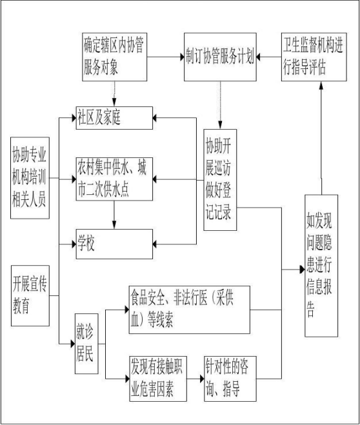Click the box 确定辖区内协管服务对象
pos(115,57)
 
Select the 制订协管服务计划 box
pos(220,57)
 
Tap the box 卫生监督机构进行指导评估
pos(314,57)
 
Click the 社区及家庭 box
pos(114,118)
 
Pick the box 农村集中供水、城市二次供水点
pos(114,179)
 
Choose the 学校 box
pos(114,244)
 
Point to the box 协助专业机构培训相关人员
pos(30,178)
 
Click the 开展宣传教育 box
pos(30,296)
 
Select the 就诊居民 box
pos(86,344)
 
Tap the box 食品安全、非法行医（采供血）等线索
pos(190,310)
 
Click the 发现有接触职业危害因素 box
pos(158,379)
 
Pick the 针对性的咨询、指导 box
pos(230,379)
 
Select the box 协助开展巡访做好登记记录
pos(220,180)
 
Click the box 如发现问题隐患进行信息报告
pos(321,266)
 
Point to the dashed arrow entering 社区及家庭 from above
pos(114,94)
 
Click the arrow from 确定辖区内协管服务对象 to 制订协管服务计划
pos(166,57)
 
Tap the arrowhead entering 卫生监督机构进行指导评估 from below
pos(321,85)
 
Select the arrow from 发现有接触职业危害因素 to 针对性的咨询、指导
pos(195,379)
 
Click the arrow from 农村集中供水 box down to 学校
pos(114,215)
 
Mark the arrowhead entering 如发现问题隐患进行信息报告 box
pos(302,270)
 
